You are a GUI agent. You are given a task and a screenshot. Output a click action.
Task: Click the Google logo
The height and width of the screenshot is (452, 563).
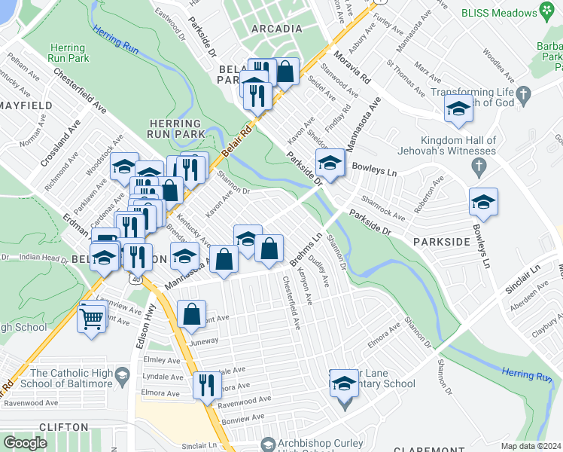25,442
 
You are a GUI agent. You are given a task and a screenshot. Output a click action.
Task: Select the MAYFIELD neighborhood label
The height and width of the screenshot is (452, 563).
25,105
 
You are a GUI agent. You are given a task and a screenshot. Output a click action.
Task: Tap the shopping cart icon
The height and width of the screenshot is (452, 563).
91,317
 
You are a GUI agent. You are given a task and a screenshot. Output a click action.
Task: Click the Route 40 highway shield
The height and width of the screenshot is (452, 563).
134,279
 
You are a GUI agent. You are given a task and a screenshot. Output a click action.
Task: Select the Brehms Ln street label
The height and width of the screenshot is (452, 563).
306,249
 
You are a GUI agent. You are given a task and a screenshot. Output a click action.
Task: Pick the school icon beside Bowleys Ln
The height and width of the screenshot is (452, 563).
483,202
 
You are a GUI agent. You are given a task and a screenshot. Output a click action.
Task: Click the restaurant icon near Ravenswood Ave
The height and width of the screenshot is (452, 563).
206,385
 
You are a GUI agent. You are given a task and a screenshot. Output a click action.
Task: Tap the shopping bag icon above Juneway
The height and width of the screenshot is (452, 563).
192,313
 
